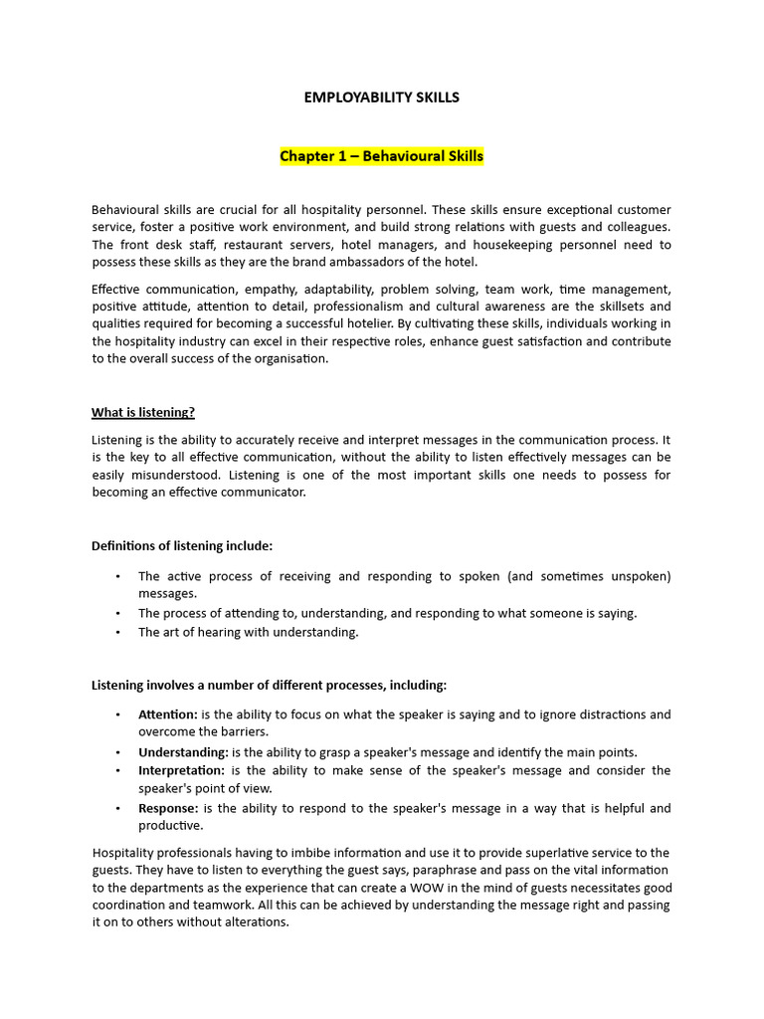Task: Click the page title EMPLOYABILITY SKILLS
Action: [381, 98]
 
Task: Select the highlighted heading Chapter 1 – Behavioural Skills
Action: [381, 156]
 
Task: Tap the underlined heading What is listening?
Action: [150, 412]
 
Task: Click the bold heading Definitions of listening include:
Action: [182, 545]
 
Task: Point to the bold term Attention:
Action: [168, 714]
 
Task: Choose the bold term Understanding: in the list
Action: [183, 752]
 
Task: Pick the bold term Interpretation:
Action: [182, 770]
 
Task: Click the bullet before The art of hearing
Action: [117, 632]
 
